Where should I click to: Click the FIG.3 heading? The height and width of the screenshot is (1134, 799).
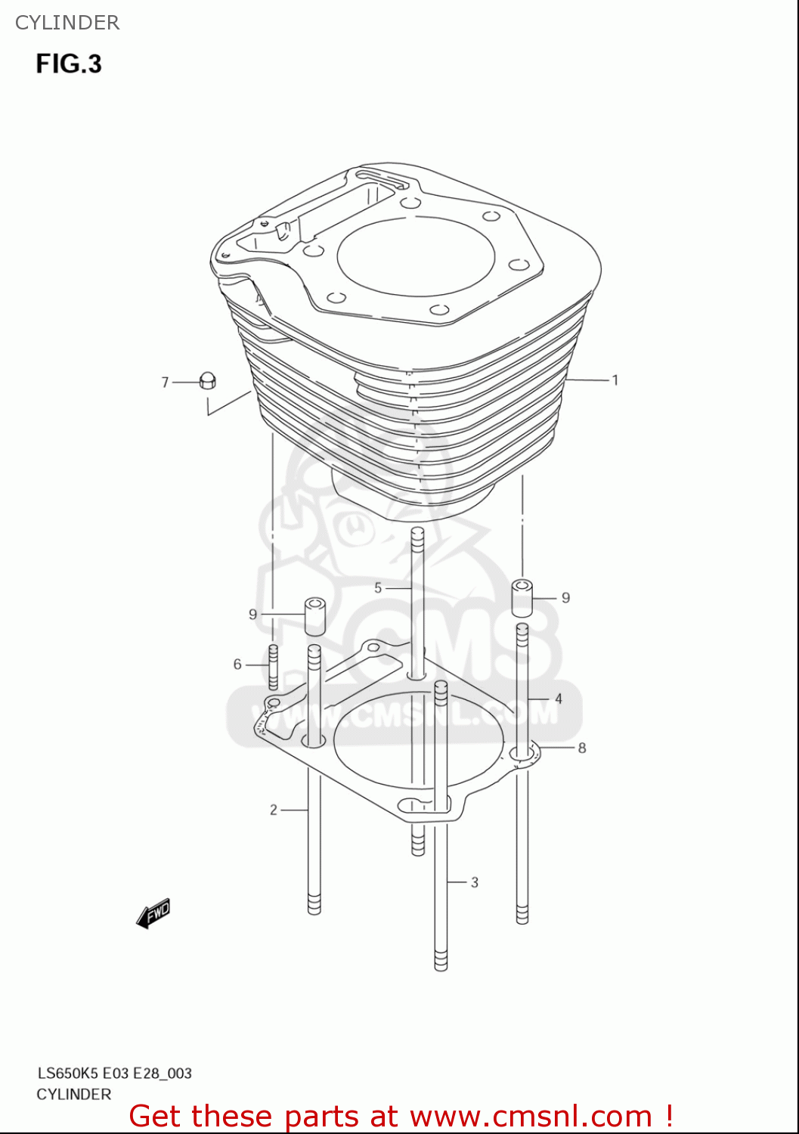click(x=69, y=64)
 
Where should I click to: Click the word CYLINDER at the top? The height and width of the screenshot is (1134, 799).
click(x=67, y=23)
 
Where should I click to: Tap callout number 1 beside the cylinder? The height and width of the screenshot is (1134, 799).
click(x=615, y=380)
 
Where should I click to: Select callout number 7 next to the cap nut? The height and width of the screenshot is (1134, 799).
click(x=165, y=383)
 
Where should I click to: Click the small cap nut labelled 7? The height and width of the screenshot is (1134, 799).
click(x=208, y=381)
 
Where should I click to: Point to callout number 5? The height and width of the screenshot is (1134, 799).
click(x=378, y=587)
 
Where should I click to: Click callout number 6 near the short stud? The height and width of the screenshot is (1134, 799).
click(x=237, y=664)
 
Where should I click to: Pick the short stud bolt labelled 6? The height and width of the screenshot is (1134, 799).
click(x=274, y=666)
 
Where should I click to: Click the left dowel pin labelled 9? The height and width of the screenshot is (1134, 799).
click(x=315, y=615)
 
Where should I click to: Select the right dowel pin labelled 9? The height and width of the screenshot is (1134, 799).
click(x=522, y=598)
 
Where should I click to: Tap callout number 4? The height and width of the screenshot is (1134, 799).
click(x=559, y=699)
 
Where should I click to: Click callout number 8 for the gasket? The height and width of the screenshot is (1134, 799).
click(x=582, y=748)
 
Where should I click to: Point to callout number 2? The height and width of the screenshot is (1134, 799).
click(x=274, y=810)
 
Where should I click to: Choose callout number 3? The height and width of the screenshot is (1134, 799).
click(x=475, y=881)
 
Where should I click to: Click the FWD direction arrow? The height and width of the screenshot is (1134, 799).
click(x=153, y=913)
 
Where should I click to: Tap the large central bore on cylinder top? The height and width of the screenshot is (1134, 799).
click(x=416, y=257)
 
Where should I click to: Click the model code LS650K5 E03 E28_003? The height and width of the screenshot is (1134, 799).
click(x=115, y=1073)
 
